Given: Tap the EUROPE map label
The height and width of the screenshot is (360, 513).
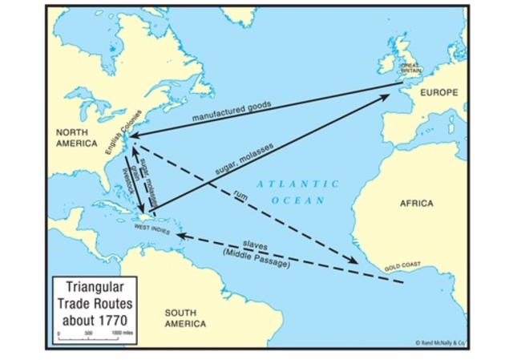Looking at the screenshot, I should (438, 93).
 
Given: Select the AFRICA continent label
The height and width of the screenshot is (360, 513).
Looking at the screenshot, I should (416, 203).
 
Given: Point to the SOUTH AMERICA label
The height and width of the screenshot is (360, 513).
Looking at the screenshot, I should (185, 318).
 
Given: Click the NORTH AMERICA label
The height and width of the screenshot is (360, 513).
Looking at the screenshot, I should (77, 136).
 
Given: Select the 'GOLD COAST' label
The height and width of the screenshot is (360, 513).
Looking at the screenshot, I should (402, 264).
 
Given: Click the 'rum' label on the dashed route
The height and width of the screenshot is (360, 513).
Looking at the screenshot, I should (239, 196).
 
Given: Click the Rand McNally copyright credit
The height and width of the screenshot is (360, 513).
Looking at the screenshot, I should (440, 343).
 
